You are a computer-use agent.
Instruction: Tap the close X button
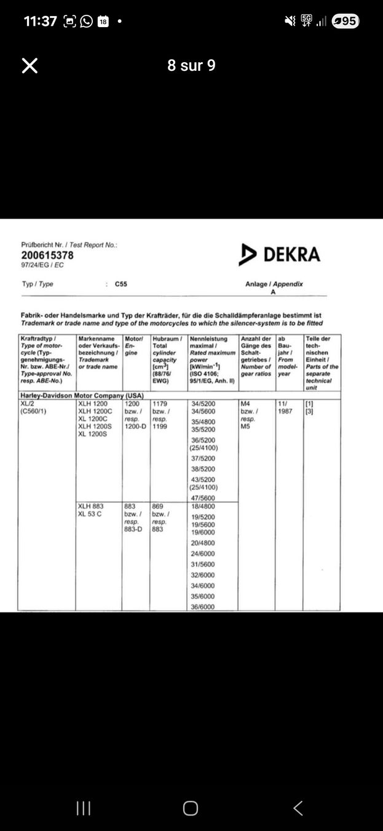(x=30, y=66)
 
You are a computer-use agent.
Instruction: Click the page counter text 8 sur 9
(x=191, y=66)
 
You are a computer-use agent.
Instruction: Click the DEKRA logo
(x=280, y=254)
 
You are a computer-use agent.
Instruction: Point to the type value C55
(x=121, y=284)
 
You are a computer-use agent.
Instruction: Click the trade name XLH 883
(x=91, y=507)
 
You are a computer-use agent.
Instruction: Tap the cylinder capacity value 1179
(x=160, y=404)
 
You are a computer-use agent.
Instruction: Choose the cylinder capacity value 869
(x=158, y=507)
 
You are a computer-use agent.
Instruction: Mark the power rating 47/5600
(x=203, y=499)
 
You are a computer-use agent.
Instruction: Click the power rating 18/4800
(x=203, y=507)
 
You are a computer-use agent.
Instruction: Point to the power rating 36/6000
(x=203, y=607)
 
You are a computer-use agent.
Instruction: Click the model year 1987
(x=285, y=411)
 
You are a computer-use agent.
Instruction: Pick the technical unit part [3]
(x=309, y=411)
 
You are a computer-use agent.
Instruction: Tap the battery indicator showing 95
(x=345, y=22)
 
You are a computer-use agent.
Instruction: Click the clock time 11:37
(x=41, y=22)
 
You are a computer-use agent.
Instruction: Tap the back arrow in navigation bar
(x=298, y=808)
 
